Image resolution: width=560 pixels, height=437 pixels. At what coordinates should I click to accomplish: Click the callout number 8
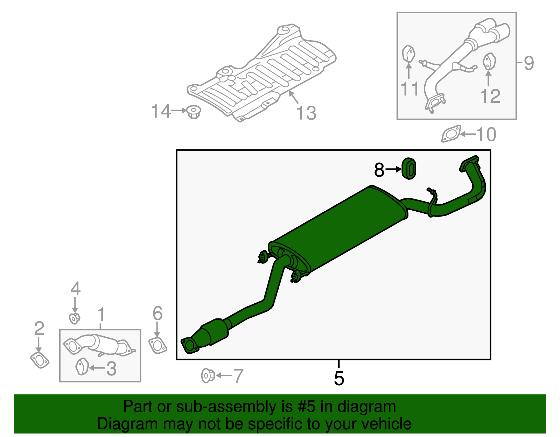pyautogui.click(x=379, y=170)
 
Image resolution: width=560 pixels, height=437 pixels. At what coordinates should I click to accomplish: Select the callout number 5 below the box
pyautogui.click(x=339, y=378)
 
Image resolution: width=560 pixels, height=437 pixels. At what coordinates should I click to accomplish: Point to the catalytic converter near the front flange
pyautogui.click(x=214, y=331)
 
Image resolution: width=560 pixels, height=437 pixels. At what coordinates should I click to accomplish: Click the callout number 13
pyautogui.click(x=306, y=113)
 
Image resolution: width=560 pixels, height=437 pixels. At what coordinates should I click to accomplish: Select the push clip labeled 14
pyautogui.click(x=194, y=112)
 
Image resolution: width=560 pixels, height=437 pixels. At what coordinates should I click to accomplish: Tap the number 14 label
pyautogui.click(x=161, y=111)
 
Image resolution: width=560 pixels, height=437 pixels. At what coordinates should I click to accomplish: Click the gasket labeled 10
pyautogui.click(x=451, y=134)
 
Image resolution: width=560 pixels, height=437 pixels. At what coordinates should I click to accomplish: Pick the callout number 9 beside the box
pyautogui.click(x=529, y=63)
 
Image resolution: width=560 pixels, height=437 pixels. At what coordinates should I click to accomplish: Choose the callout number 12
pyautogui.click(x=490, y=96)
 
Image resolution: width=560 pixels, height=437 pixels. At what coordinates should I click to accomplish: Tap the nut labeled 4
pyautogui.click(x=75, y=318)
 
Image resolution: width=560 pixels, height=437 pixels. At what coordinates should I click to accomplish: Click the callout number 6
pyautogui.click(x=157, y=313)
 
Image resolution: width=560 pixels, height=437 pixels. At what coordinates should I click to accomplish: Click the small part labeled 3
pyautogui.click(x=82, y=366)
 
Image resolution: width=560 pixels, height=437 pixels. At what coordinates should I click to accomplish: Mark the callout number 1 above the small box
pyautogui.click(x=101, y=314)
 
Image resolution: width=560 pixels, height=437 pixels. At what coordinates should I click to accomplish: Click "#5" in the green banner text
pyautogui.click(x=307, y=407)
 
